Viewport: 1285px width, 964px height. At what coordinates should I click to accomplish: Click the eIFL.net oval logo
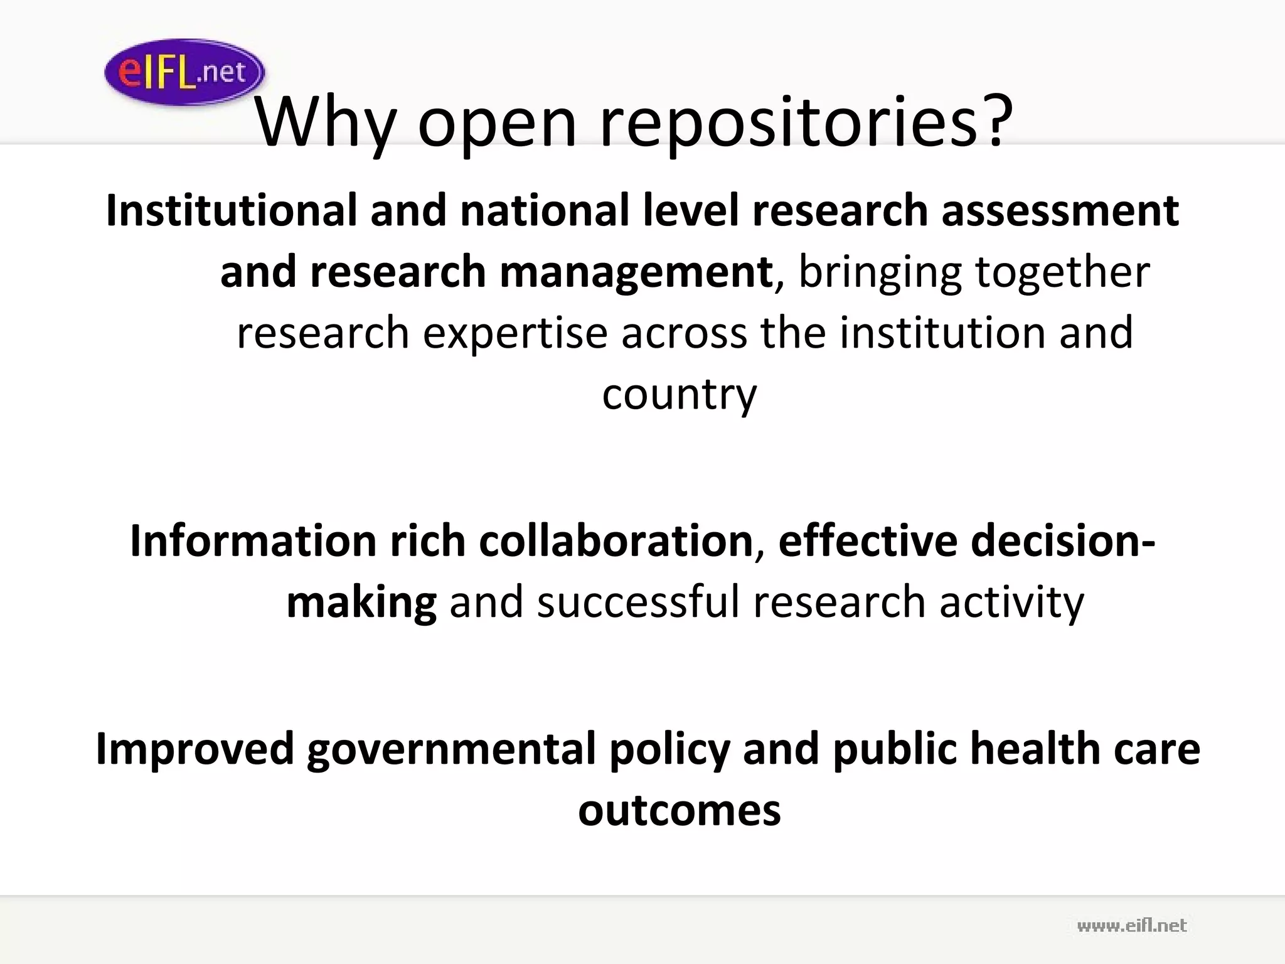point(184,72)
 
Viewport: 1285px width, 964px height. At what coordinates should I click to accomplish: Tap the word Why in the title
point(324,122)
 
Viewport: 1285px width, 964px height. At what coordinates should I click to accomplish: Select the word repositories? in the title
point(806,122)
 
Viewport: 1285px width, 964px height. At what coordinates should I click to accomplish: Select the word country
point(680,394)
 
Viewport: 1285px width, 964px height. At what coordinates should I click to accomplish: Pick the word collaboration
point(616,540)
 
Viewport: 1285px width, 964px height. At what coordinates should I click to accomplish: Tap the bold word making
point(361,602)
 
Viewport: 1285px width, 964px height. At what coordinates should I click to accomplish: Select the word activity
point(1011,602)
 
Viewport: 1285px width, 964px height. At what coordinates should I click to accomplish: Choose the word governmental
point(451,749)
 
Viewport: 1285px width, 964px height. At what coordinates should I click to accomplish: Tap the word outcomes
point(680,811)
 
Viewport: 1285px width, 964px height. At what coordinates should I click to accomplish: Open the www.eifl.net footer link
point(1131,926)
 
